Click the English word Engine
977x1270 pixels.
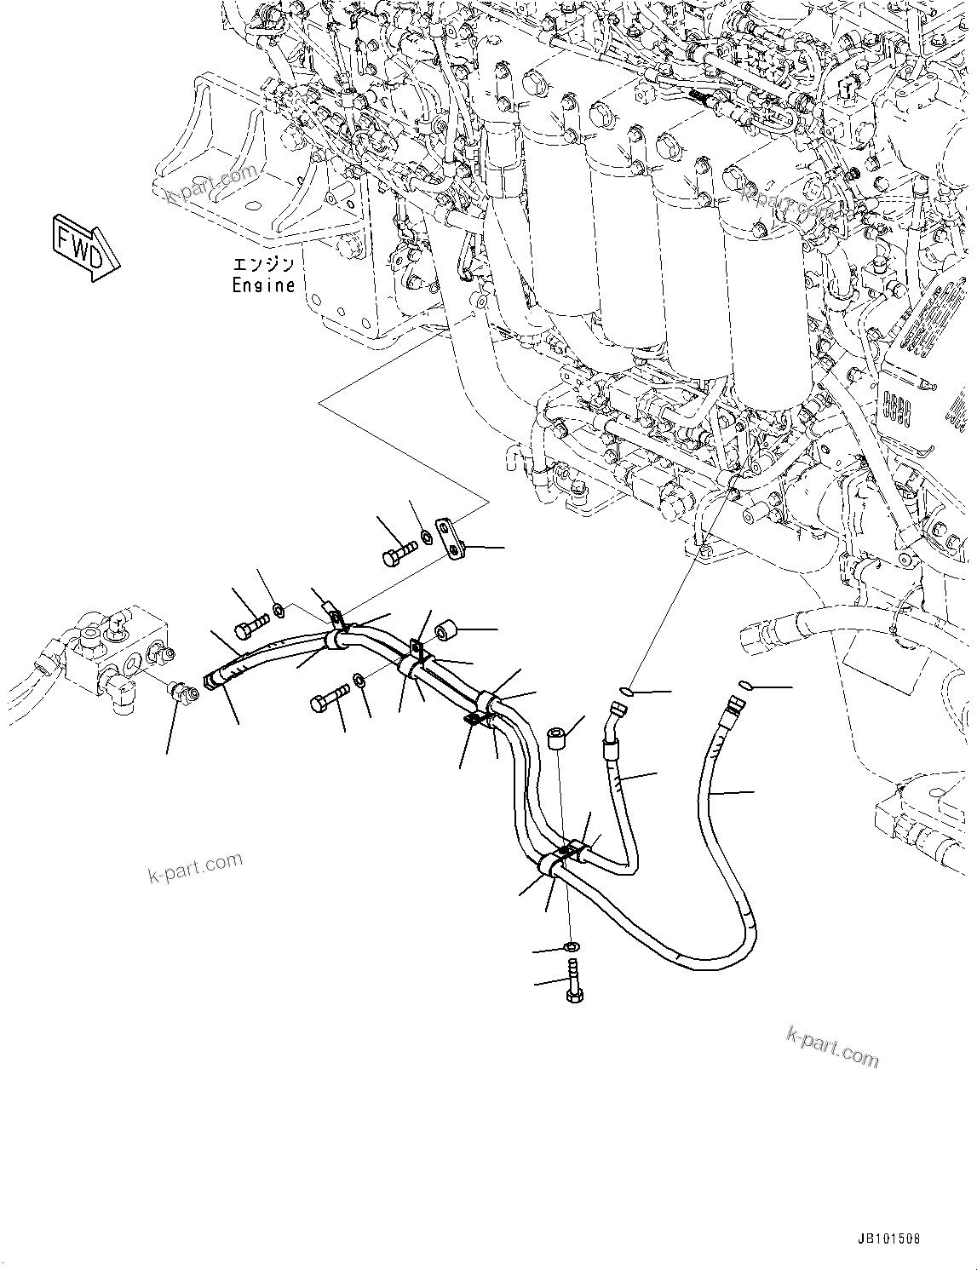click(263, 286)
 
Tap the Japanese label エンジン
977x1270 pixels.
click(263, 265)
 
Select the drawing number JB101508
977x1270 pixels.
click(882, 1239)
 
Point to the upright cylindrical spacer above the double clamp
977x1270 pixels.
click(559, 737)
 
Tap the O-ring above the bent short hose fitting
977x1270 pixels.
click(626, 692)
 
